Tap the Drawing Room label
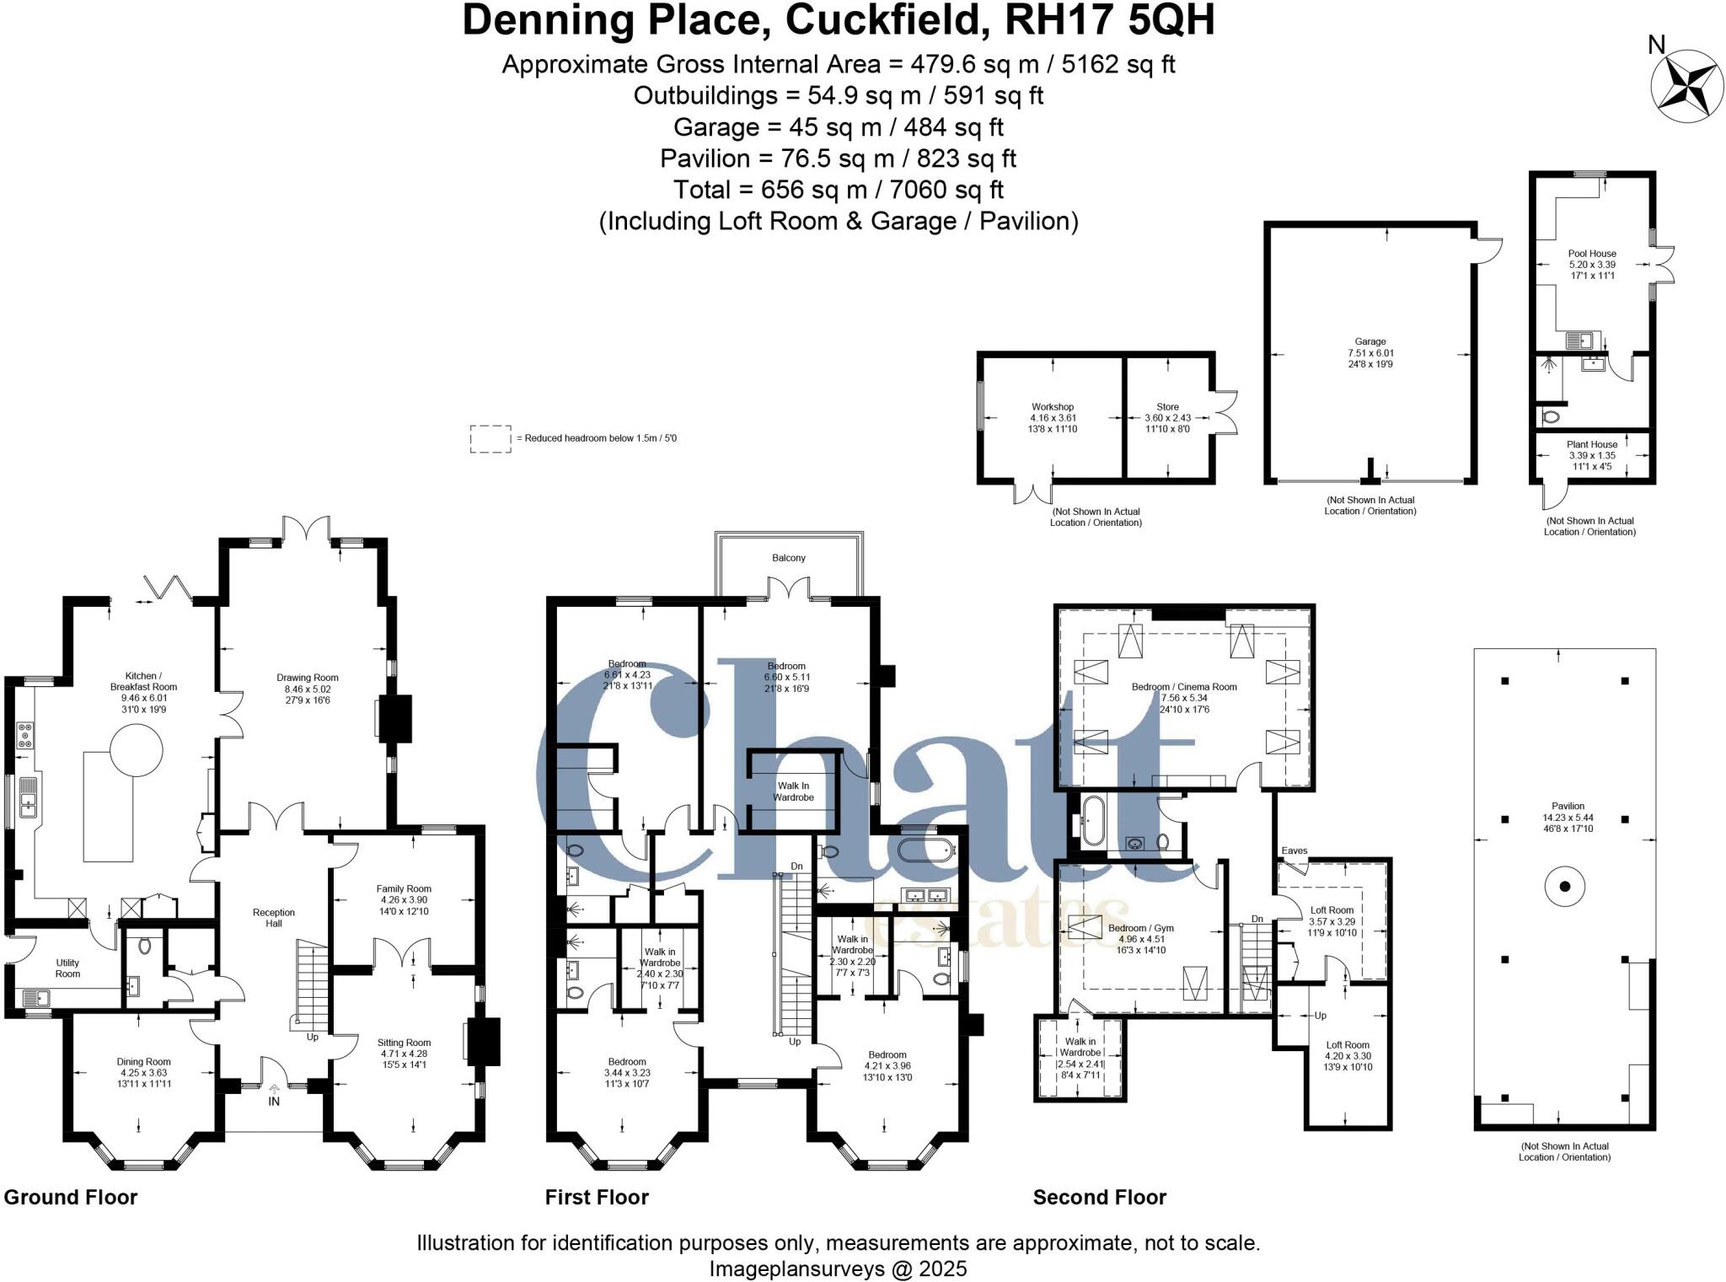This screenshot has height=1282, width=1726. pos(307,678)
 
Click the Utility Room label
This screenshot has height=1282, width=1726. pos(67,968)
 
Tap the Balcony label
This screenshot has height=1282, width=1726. pos(788,558)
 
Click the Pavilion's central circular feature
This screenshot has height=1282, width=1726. pos(1564,886)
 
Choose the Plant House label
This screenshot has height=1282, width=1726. pos(1592,444)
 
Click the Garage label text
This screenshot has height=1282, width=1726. pos(1370,342)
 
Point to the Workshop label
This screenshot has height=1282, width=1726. pos(1053,406)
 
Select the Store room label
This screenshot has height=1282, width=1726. pos(1167,406)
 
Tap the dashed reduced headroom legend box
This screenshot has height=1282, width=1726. pos(490,438)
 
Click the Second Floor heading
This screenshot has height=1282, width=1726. pos(1099,1197)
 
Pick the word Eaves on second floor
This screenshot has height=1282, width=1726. pos(1294,850)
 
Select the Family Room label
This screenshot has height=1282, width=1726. pos(404,888)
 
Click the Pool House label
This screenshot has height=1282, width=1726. pos(1591,253)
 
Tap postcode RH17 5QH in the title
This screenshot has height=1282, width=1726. pos(1110,20)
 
